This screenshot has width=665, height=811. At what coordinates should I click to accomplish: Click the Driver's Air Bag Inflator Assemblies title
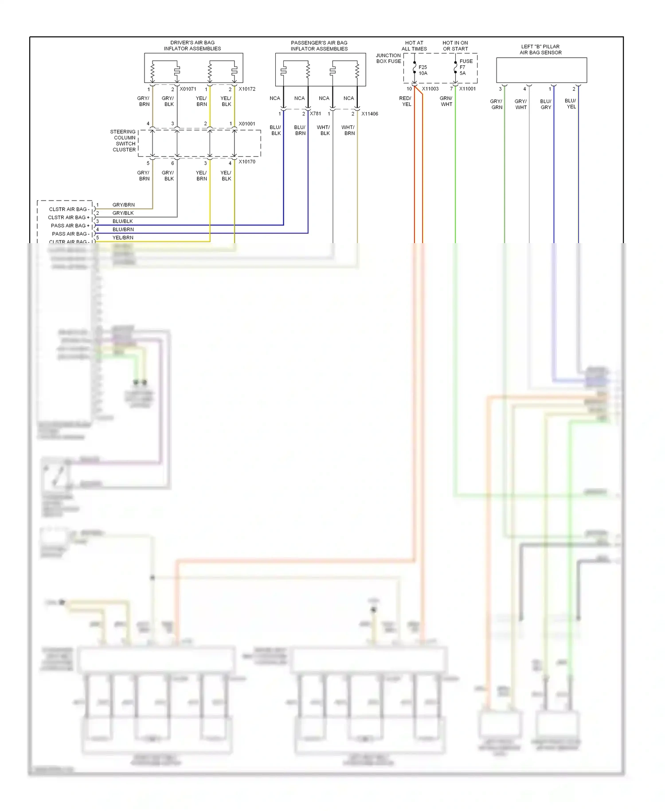(x=192, y=46)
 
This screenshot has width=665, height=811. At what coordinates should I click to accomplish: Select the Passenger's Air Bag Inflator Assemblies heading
(x=319, y=46)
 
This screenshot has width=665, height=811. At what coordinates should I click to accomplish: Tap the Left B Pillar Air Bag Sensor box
(x=541, y=70)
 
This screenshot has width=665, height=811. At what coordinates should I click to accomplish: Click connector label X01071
(x=188, y=89)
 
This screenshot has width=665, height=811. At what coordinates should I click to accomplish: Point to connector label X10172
(x=247, y=89)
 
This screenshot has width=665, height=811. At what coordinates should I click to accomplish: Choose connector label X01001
(x=247, y=124)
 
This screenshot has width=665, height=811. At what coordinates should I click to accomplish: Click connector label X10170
(x=247, y=161)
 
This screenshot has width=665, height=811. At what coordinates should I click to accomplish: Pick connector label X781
(x=315, y=114)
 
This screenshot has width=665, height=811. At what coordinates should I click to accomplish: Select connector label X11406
(x=370, y=114)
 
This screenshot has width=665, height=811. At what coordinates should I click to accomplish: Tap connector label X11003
(x=430, y=89)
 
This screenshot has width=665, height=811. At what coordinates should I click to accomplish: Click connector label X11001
(x=467, y=89)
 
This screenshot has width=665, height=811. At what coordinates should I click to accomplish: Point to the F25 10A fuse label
(x=423, y=70)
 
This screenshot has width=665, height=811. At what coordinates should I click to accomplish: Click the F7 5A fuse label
(x=463, y=70)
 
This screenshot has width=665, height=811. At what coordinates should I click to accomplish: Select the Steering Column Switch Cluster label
(x=124, y=141)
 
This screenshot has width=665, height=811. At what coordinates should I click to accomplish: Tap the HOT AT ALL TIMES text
(x=414, y=46)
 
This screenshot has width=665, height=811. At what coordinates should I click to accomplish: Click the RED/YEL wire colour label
(x=406, y=101)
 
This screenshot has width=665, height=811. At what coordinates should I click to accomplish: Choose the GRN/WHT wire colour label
(x=446, y=101)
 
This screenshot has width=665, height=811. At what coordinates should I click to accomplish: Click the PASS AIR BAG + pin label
(x=70, y=225)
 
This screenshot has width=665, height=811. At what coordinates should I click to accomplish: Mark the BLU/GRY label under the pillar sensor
(x=546, y=104)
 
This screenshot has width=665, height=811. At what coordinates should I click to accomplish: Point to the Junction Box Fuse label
(x=388, y=58)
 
